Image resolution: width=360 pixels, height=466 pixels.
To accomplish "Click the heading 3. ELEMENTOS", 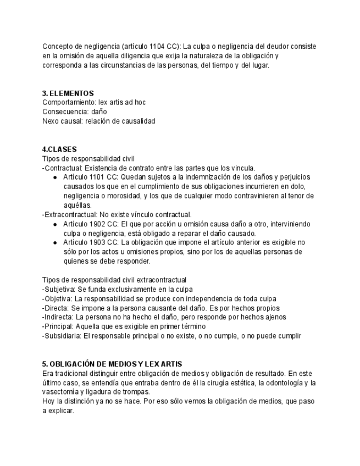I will click(68, 93).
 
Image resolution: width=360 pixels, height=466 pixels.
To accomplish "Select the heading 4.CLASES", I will click(59, 149).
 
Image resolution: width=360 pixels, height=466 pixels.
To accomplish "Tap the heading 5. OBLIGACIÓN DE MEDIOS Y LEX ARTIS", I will click(112, 364).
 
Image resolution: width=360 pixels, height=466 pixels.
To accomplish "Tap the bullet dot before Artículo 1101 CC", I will click(56, 177).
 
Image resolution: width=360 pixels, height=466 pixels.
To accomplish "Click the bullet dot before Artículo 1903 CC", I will click(56, 243).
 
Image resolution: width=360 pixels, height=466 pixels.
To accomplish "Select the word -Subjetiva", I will click(58, 289).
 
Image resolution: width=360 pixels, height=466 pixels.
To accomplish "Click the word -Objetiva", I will click(57, 298).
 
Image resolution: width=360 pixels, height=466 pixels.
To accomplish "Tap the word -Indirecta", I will click(58, 317).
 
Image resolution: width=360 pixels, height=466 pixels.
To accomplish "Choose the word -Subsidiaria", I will click(61, 336).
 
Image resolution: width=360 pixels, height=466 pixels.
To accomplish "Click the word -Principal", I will click(58, 326).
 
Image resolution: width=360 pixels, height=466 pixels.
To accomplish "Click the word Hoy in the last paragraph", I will click(48, 401).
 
